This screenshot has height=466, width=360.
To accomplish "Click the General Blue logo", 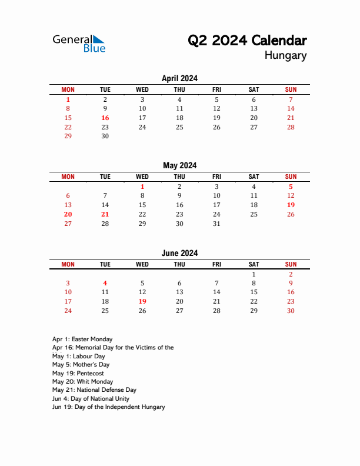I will coord(79,43).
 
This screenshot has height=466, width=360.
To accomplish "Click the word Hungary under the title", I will coord(285,56).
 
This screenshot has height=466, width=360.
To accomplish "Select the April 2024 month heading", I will coord(179,78).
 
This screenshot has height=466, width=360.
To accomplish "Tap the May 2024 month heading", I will coord(179,165).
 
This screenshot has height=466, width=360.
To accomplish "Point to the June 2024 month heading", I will coord(179,253).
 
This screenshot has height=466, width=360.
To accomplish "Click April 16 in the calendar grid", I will coord(105,118).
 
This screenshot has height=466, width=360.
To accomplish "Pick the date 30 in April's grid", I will coord(105,136).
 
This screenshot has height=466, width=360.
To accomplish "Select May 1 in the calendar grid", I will coord(142,187).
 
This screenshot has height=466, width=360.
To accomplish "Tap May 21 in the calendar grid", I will coord(105,214).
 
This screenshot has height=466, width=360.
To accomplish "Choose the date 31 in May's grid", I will coord(216,224).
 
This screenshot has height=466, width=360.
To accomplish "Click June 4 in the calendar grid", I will coord(105,283).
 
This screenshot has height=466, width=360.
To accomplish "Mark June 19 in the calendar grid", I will coord(142,301).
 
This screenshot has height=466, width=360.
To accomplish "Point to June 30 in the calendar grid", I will coord(291,311).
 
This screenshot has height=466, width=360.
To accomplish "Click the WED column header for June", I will coord(142,264).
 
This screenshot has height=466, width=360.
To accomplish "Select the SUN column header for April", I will coord(291,89).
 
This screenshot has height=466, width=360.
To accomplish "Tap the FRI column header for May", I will coord(216,177).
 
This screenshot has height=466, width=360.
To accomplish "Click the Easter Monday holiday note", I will coord(82,339).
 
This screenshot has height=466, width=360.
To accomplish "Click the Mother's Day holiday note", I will coord(81,365).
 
